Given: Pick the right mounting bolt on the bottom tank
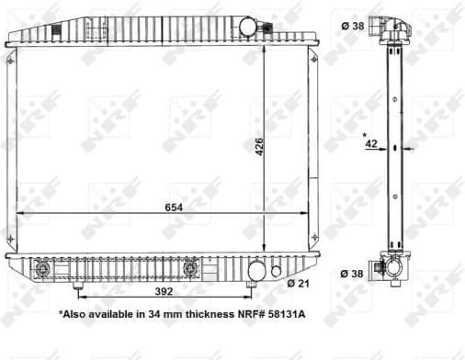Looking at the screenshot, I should click(x=190, y=269).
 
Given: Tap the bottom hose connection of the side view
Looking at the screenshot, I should click(x=394, y=269).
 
